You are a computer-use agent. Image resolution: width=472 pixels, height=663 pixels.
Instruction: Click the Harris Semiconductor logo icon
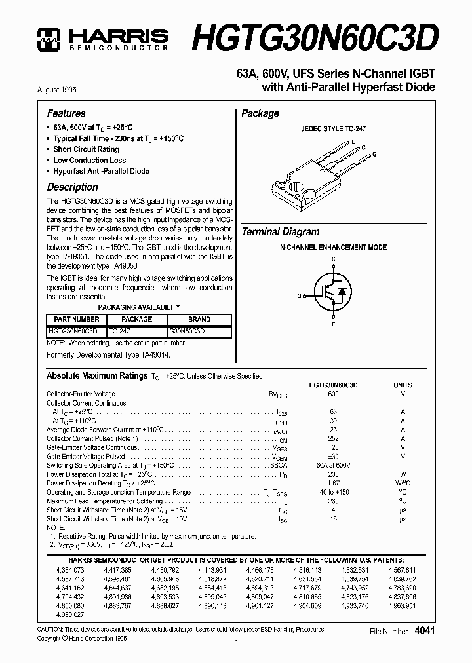pyautogui.click(x=48, y=39)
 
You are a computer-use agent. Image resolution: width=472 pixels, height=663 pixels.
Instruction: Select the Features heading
pyautogui.click(x=66, y=113)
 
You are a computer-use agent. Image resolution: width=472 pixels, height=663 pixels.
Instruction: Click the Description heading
pyautogui.click(x=72, y=187)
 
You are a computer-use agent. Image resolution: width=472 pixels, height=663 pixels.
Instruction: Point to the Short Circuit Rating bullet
pyautogui.click(x=86, y=149)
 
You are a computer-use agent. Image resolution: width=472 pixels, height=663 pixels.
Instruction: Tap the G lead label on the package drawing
pyautogui.click(x=375, y=154)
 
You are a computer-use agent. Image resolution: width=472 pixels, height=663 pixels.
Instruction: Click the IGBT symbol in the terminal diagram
pyautogui.click(x=333, y=295)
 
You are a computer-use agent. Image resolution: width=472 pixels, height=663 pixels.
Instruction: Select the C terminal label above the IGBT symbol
pyautogui.click(x=333, y=259)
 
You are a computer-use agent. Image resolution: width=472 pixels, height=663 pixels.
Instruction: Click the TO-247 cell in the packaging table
pyautogui.click(x=120, y=331)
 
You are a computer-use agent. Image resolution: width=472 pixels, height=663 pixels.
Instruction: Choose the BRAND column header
pyautogui.click(x=199, y=320)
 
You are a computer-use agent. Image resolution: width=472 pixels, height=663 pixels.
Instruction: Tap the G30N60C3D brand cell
pyautogui.click(x=187, y=331)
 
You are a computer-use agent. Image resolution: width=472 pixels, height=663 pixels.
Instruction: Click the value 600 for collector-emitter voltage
pyautogui.click(x=333, y=394)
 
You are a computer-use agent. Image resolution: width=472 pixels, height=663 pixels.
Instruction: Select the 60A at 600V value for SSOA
pyautogui.click(x=333, y=465)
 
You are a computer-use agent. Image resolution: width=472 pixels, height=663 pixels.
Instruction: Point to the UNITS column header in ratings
pyautogui.click(x=403, y=385)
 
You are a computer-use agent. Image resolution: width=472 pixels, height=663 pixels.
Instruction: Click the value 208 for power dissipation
pyautogui.click(x=333, y=474)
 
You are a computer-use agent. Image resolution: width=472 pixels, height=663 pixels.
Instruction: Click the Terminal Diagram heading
pyautogui.click(x=281, y=231)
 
